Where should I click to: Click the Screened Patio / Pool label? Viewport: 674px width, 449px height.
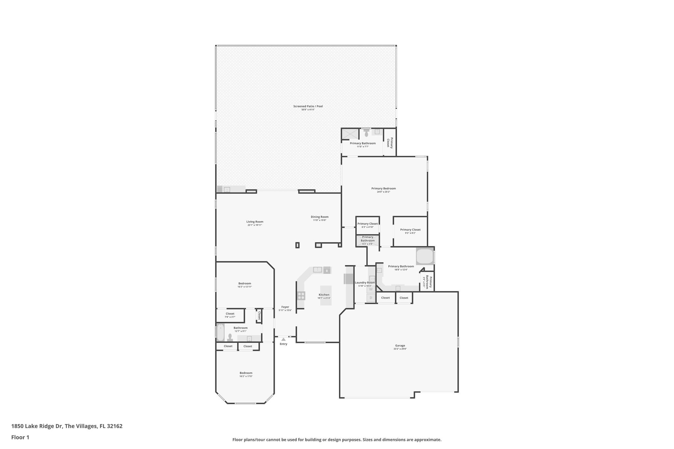pyautogui.click(x=308, y=106)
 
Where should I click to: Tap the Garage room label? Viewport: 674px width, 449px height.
pyautogui.click(x=400, y=345)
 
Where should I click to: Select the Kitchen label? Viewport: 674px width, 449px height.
pyautogui.click(x=324, y=295)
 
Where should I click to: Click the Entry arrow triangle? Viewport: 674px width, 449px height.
pyautogui.click(x=283, y=339)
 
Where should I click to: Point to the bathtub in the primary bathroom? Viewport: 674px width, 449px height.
pyautogui.click(x=425, y=256)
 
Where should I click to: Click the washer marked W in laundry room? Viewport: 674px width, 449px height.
pyautogui.click(x=371, y=289)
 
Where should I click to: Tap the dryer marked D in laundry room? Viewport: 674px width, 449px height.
pyautogui.click(x=371, y=298)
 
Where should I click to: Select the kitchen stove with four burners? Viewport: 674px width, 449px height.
pyautogui.click(x=301, y=296)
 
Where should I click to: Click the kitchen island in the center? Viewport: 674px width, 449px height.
pyautogui.click(x=326, y=295)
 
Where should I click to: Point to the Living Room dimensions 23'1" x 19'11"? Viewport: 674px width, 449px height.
pyautogui.click(x=255, y=225)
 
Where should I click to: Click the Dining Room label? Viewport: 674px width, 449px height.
pyautogui.click(x=320, y=217)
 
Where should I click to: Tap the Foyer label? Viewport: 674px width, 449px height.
pyautogui.click(x=285, y=307)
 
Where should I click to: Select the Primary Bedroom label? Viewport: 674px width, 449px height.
pyautogui.click(x=383, y=188)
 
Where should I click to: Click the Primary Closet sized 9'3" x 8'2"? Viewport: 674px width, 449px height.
pyautogui.click(x=410, y=230)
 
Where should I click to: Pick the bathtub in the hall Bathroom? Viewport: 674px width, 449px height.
pyautogui.click(x=220, y=332)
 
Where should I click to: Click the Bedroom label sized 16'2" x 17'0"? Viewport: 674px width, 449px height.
pyautogui.click(x=246, y=373)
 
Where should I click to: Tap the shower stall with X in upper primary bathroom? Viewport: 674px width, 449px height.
pyautogui.click(x=350, y=134)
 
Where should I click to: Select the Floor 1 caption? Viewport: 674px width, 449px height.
pyautogui.click(x=20, y=437)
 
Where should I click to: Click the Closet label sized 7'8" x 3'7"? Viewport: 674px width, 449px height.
pyautogui.click(x=230, y=313)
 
